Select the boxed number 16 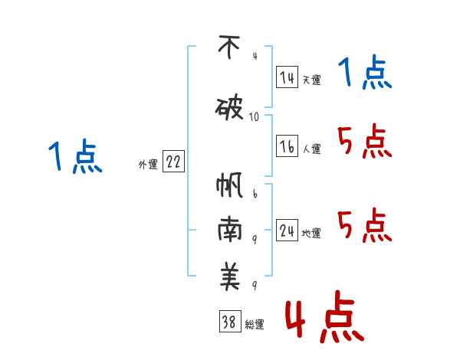tap(287, 147)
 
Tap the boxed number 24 tap(287, 231)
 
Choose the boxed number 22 tap(173, 162)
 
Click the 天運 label tap(312, 80)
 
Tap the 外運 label tap(148, 165)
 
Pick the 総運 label tap(255, 325)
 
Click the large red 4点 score tap(324, 319)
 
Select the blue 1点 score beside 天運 tap(365, 74)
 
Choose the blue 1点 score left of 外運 tap(75, 157)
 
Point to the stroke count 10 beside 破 tap(255, 116)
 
